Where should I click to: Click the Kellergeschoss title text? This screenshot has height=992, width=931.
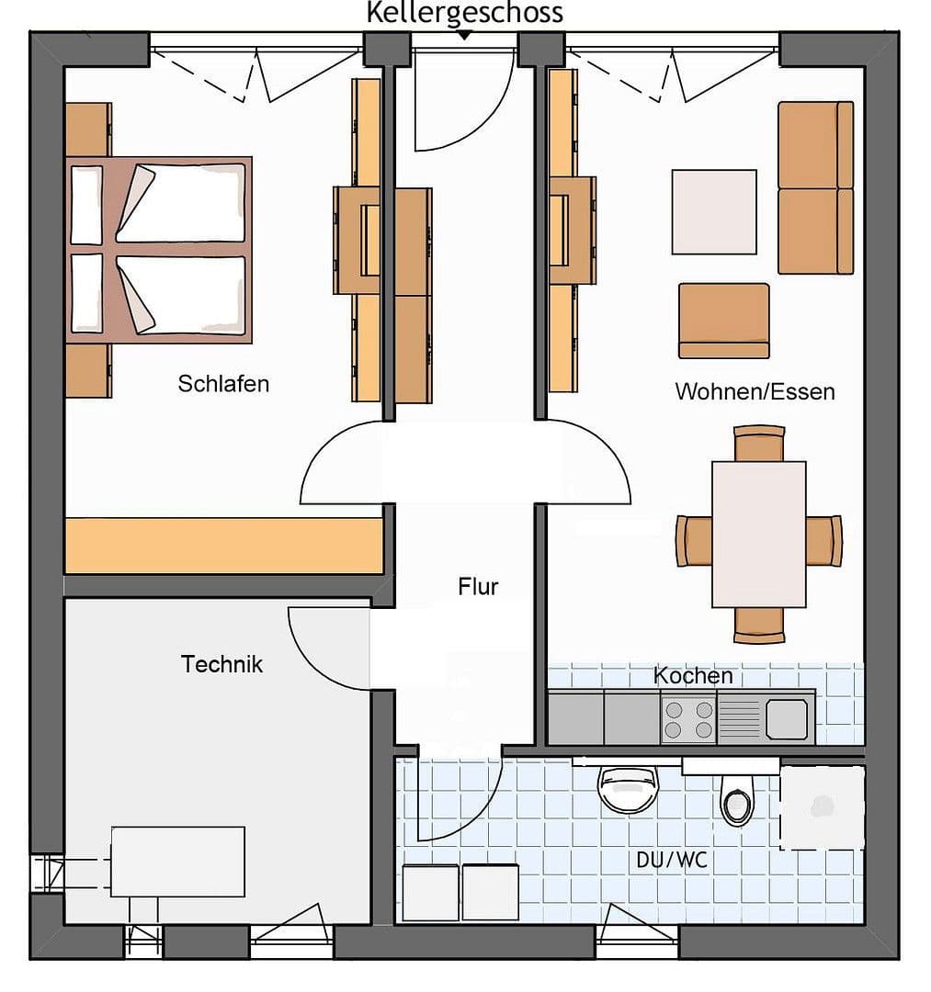point(464,13)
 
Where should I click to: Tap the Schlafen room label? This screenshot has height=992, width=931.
point(223,383)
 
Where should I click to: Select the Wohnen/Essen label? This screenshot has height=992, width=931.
point(755,391)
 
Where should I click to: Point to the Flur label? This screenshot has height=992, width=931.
point(478,586)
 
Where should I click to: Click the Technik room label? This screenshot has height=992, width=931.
point(221,664)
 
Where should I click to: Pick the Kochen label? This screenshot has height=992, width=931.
point(693,676)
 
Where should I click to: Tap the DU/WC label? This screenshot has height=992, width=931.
point(673,861)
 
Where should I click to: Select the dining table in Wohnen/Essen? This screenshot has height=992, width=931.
point(759,534)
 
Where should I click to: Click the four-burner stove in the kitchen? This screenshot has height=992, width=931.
point(688,719)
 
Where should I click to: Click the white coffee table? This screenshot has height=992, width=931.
point(714,211)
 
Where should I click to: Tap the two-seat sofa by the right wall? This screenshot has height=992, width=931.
point(815,187)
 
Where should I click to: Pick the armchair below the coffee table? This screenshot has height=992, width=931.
point(723,320)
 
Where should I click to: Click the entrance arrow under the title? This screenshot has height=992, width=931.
point(464,36)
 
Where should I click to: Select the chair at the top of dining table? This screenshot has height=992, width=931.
point(759,442)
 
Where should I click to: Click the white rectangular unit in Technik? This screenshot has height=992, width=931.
point(177,861)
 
